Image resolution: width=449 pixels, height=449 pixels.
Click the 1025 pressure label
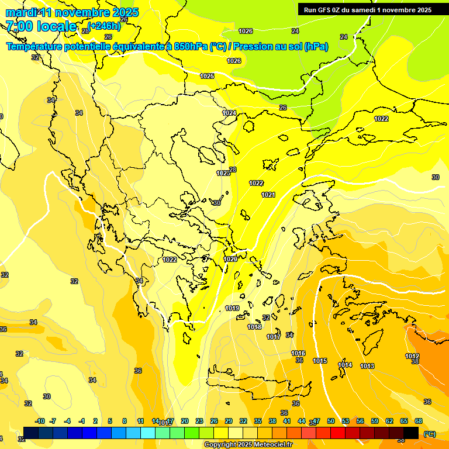pos(207,76)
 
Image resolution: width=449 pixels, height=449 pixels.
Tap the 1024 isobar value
pos(229,113)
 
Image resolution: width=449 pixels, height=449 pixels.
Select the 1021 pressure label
pos(268,195)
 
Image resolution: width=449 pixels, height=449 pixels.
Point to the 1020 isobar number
pos(230,259)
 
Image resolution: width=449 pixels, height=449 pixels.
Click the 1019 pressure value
pos(232,308)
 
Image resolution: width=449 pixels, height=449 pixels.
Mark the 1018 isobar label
pos(254,327)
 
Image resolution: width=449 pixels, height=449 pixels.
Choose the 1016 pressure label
pos(298,353)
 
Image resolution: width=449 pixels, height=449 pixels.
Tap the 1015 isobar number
pos(320,361)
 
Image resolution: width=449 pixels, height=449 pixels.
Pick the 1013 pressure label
pos(367,366)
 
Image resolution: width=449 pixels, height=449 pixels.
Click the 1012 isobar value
pos(412,356)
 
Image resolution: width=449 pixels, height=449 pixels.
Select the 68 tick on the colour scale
pos(419,421)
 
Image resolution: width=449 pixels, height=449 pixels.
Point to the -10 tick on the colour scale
pos(40,421)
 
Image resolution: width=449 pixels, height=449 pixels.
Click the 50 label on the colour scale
pos(331,421)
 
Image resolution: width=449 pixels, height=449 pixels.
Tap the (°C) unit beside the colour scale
pos(430,433)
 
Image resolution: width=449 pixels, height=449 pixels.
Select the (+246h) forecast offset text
pos(105,26)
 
